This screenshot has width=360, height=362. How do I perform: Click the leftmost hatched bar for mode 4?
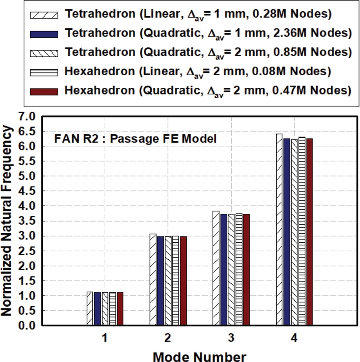pos(279,230)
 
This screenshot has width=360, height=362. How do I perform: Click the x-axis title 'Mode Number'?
pos(200,355)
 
